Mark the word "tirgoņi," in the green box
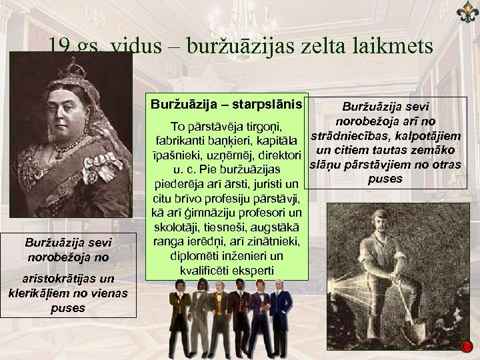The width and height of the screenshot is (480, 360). tap(259, 126)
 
